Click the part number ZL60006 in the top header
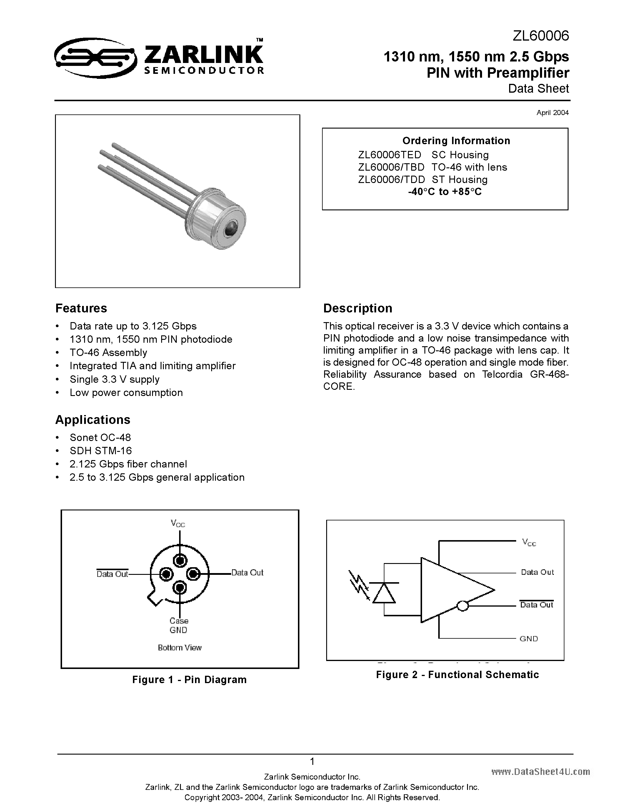540,36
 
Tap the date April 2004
552,113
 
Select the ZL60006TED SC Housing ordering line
423,155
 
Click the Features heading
81,308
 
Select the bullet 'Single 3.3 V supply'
114,379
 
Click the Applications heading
93,420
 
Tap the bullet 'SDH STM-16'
100,451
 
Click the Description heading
357,308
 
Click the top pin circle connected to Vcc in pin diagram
180,560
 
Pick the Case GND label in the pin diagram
179,625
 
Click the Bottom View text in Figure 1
180,648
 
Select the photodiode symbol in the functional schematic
384,594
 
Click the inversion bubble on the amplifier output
462,606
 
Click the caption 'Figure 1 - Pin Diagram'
189,680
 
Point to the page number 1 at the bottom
312,762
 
